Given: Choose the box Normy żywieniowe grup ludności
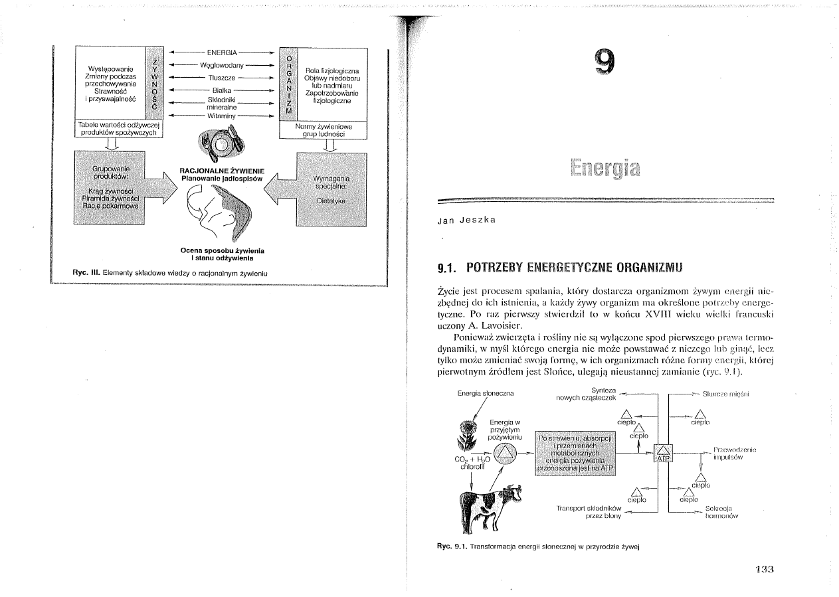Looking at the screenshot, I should click(x=324, y=129).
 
